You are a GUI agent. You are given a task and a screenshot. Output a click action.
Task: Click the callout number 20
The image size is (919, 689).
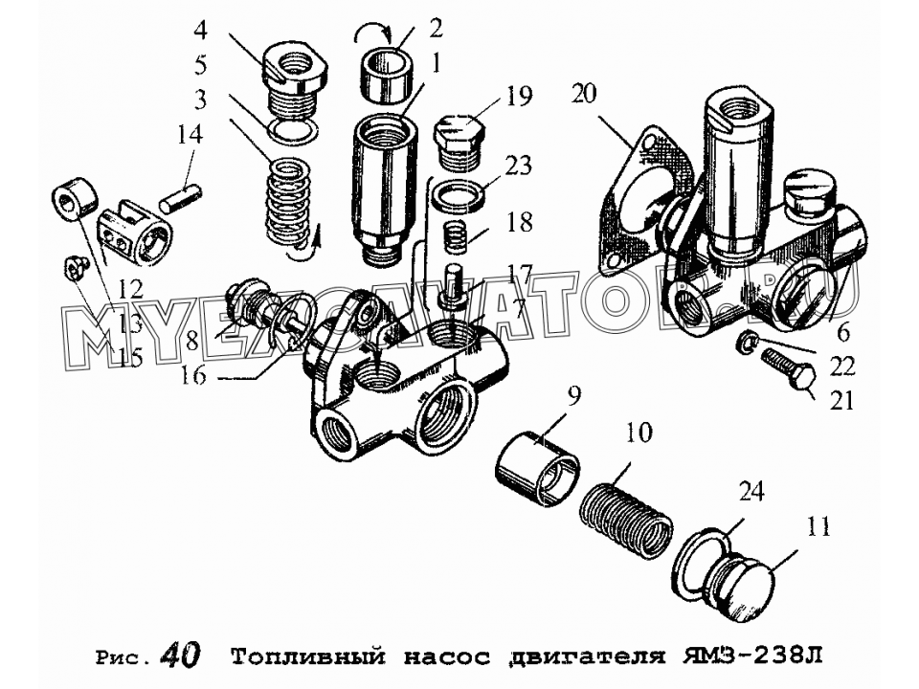pyautogui.click(x=584, y=94)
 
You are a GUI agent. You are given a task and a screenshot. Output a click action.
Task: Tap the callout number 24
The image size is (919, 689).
pyautogui.click(x=751, y=492)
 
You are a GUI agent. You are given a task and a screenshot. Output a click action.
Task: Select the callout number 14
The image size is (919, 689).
pyautogui.click(x=189, y=134)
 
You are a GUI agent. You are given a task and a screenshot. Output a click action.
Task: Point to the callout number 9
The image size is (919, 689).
pyautogui.click(x=573, y=396)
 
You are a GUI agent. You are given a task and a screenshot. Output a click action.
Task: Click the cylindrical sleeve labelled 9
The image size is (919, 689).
pyautogui.click(x=538, y=469)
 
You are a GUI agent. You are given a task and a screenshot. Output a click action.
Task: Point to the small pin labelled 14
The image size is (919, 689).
pyautogui.click(x=181, y=201)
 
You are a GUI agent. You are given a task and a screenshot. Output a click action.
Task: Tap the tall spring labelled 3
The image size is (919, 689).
pyautogui.click(x=285, y=205)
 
